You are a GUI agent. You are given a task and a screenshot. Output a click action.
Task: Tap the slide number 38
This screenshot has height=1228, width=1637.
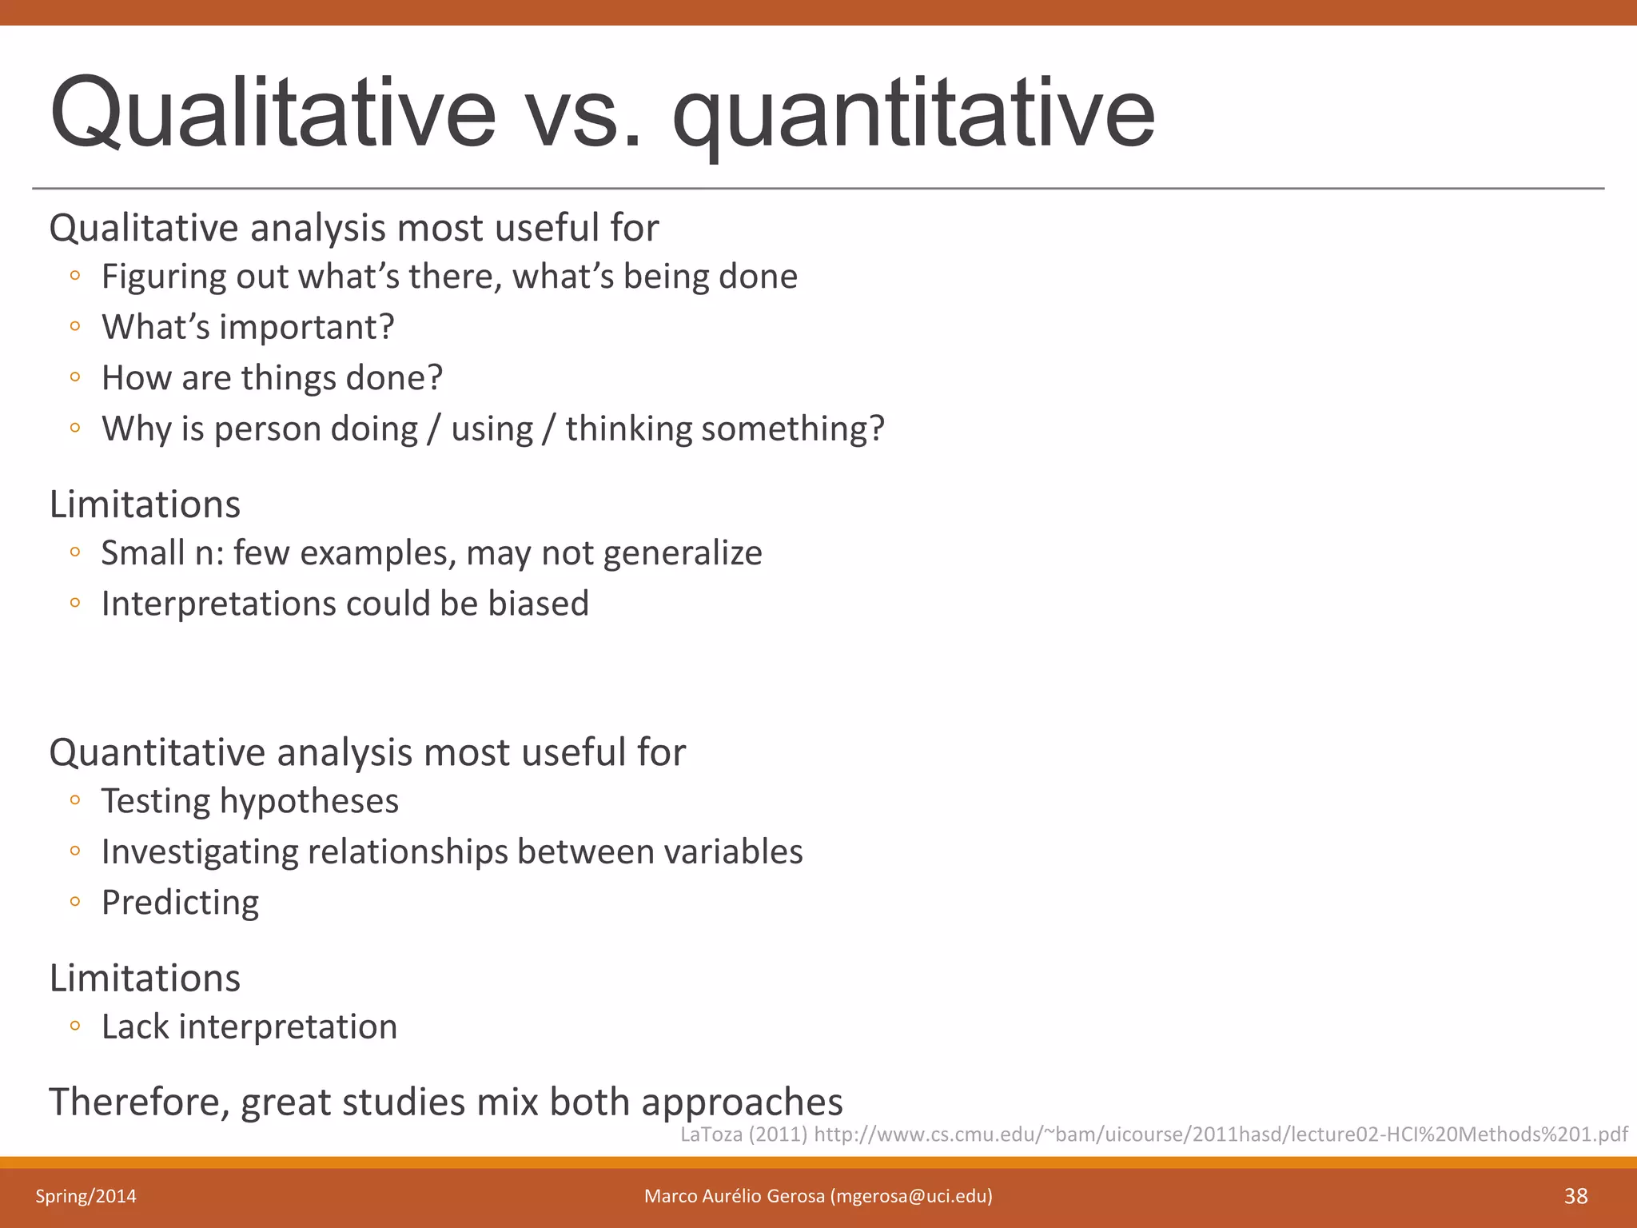1575,1196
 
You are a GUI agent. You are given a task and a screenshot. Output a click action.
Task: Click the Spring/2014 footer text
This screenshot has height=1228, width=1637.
86,1196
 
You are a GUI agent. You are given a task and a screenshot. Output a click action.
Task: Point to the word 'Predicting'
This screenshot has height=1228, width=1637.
180,903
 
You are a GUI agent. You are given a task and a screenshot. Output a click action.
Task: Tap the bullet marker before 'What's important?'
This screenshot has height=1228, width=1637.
75,326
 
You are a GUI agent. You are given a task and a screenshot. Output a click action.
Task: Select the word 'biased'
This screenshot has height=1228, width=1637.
538,604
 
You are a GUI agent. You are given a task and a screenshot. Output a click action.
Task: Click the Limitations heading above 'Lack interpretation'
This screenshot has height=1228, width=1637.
145,978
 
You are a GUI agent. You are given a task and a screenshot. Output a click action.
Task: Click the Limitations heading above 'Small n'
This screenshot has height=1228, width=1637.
145,504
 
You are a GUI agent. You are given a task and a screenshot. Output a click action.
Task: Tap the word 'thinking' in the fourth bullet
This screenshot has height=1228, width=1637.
628,429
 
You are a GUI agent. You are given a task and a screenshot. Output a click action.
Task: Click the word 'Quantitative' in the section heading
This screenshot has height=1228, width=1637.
157,752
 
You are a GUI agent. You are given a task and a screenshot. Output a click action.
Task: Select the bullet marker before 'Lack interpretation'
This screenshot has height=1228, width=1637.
75,1026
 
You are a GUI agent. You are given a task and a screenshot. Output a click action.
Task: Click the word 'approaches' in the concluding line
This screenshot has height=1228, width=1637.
742,1102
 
